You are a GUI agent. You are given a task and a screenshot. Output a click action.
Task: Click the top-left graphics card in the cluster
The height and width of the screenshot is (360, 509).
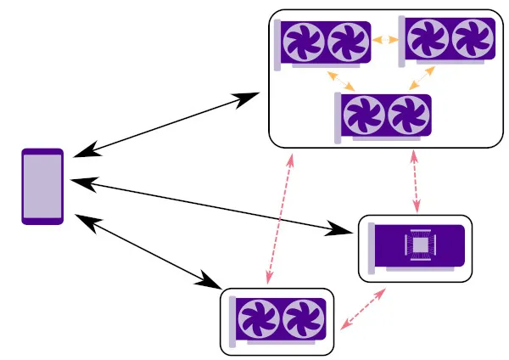point(323,43)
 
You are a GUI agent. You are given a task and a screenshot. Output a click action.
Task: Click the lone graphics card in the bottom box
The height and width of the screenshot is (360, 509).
point(277,322)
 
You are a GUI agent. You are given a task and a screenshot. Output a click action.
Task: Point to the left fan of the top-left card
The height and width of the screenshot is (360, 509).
point(304,42)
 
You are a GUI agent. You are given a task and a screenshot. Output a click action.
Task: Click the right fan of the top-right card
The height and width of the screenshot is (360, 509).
point(472,38)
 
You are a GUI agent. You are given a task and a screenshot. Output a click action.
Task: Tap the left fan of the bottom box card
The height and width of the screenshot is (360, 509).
point(256,321)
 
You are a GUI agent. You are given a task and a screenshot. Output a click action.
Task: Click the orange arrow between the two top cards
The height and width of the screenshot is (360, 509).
point(386,39)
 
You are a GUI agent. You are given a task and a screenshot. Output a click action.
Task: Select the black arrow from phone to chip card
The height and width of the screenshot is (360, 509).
point(212,205)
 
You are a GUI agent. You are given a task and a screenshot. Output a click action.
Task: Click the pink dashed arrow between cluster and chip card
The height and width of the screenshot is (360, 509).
point(415,182)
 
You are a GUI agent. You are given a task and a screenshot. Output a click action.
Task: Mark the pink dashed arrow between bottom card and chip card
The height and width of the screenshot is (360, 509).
point(364,309)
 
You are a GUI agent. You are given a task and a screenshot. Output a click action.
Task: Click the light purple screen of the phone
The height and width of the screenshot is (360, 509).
point(42,186)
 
